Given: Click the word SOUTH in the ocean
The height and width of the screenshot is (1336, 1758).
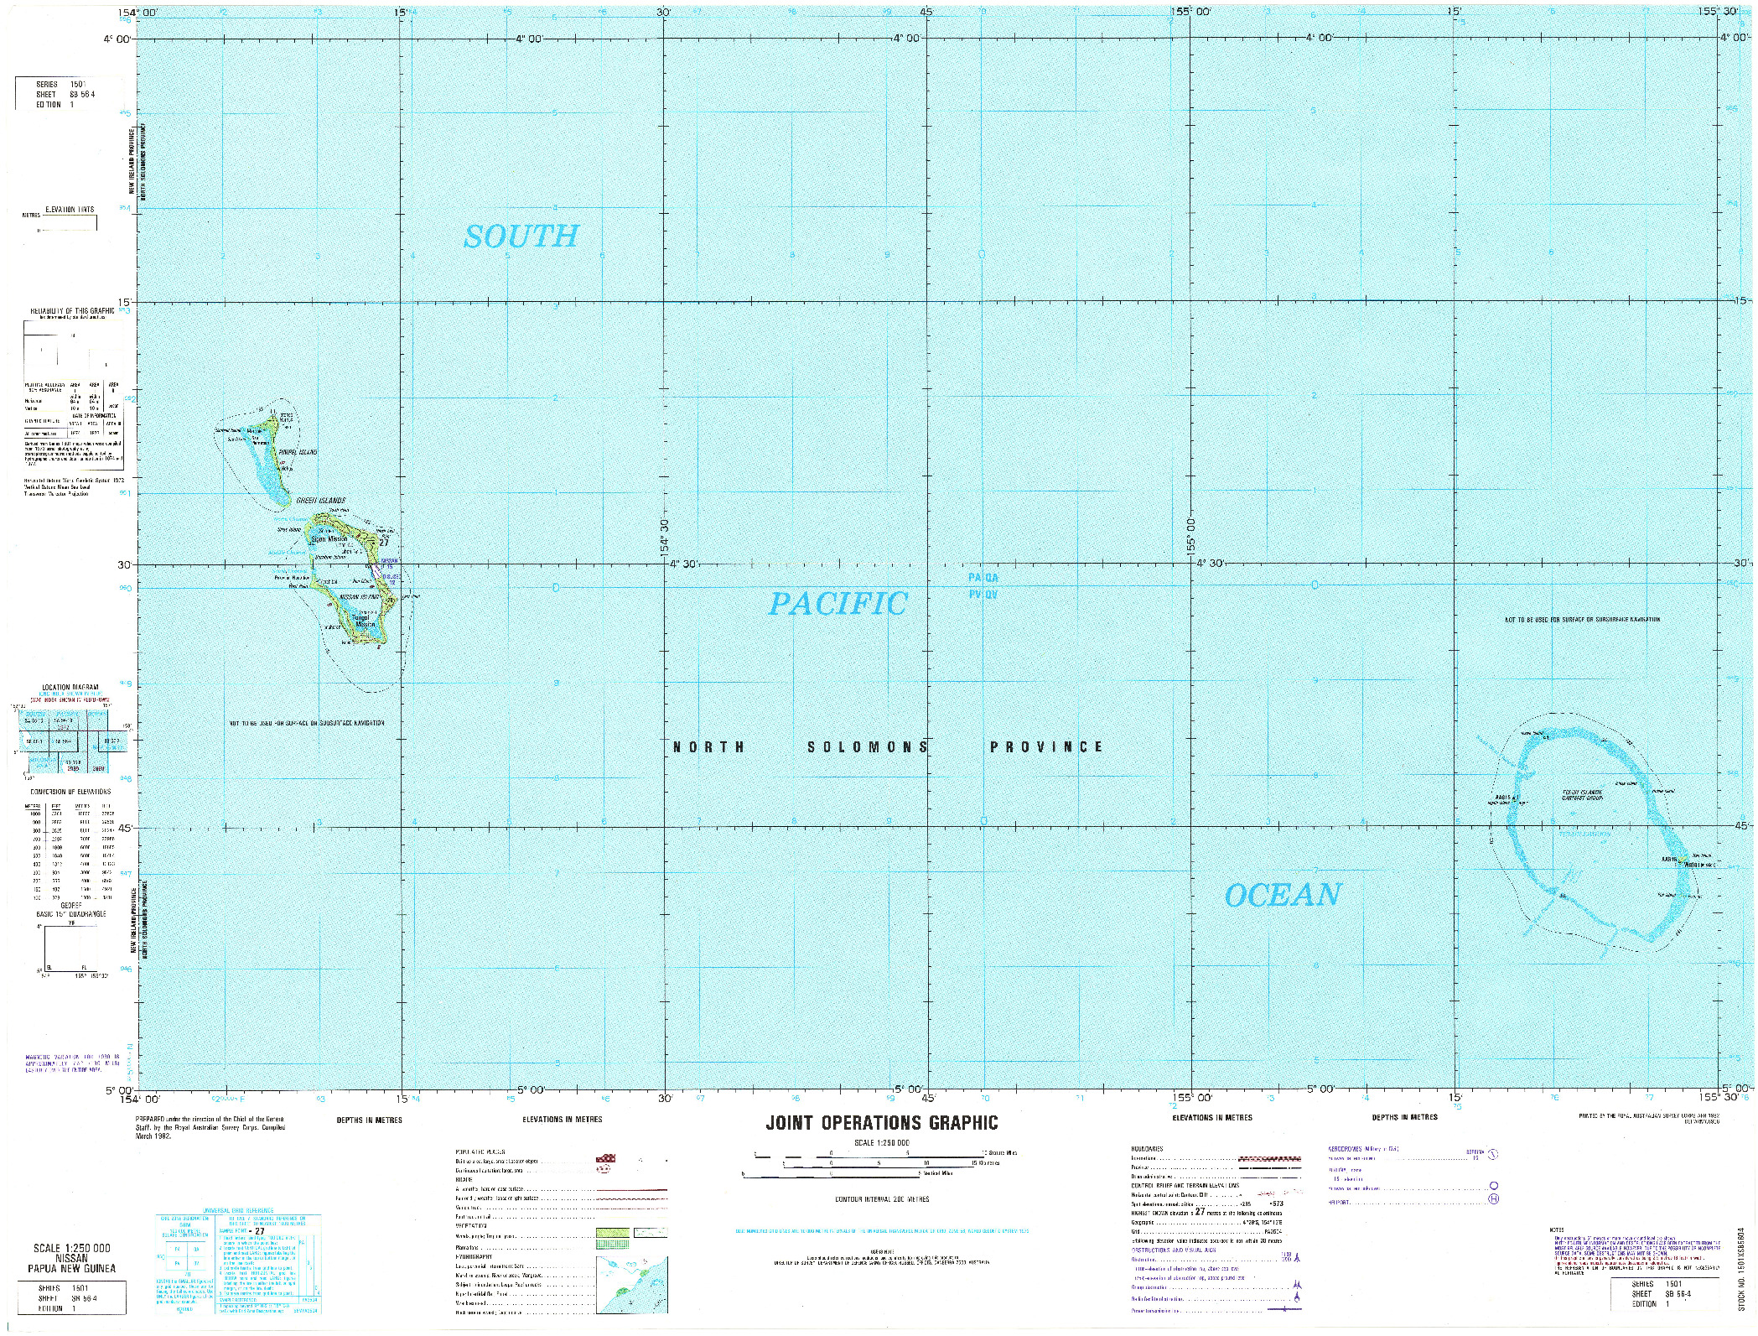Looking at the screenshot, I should tap(521, 237).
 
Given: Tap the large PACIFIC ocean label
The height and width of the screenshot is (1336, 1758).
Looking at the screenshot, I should tap(838, 604).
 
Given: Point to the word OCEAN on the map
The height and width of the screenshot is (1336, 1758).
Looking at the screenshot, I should tap(1282, 896).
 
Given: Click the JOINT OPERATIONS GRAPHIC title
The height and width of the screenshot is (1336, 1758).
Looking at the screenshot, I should tap(882, 1123).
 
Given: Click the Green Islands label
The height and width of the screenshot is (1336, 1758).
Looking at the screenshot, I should tap(320, 501).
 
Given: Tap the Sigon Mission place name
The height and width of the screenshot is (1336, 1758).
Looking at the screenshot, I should tap(329, 539).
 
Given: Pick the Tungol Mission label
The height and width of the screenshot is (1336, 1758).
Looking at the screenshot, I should tap(366, 621).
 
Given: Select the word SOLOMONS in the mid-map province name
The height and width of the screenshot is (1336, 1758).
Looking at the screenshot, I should tap(868, 747).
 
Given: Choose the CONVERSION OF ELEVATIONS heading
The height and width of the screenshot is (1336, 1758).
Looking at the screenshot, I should tap(70, 792).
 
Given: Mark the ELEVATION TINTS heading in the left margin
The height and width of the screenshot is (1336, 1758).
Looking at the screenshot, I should tap(70, 210).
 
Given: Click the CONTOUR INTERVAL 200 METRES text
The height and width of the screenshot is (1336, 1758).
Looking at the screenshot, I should tap(881, 1199).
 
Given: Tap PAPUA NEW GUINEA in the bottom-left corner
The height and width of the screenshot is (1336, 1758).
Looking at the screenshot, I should tap(70, 1268).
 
